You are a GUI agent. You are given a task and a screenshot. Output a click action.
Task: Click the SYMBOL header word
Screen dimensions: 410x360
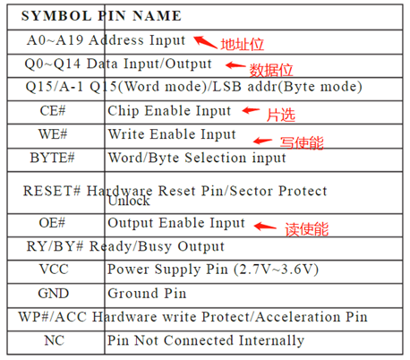pyautogui.click(x=56, y=16)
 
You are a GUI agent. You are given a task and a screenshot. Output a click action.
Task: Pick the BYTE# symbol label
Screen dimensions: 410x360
pyautogui.click(x=52, y=158)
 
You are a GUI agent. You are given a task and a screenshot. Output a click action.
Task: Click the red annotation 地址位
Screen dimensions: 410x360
pyautogui.click(x=243, y=45)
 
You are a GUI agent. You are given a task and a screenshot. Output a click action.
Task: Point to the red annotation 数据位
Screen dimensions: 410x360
pyautogui.click(x=271, y=70)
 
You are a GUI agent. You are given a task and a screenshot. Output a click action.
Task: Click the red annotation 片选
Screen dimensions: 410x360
pyautogui.click(x=281, y=115)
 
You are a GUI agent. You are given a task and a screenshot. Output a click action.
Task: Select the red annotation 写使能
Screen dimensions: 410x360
pyautogui.click(x=302, y=142)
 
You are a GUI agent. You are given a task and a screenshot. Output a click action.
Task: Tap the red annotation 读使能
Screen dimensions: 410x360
pyautogui.click(x=307, y=229)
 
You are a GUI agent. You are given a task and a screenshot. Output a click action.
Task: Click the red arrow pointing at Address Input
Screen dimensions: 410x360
pyautogui.click(x=205, y=42)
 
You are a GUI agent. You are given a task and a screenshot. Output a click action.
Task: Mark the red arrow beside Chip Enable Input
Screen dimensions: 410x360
pyautogui.click(x=251, y=111)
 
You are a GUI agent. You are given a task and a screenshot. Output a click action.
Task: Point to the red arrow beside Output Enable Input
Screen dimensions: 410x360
pyautogui.click(x=265, y=227)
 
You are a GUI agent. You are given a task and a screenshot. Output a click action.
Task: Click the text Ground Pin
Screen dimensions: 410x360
pyautogui.click(x=147, y=294)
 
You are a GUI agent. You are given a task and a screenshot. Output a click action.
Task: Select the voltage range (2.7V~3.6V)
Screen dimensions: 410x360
pyautogui.click(x=276, y=270)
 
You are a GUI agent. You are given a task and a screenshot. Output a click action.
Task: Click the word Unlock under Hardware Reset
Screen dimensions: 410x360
pyautogui.click(x=129, y=201)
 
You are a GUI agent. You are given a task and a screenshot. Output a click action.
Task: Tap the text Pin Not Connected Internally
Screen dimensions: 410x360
pyautogui.click(x=206, y=340)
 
